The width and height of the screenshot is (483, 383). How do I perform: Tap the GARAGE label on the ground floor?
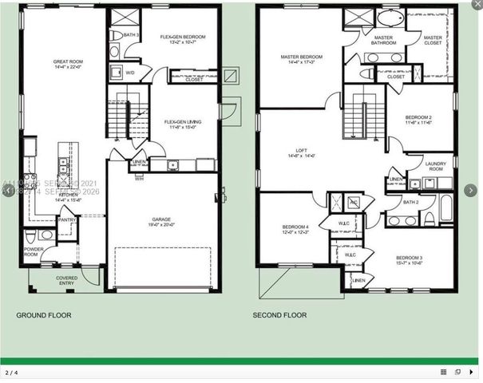coord(162,219)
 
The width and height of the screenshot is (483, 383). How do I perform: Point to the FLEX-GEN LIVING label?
coord(183,122)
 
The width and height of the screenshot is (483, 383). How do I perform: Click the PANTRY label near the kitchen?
coord(67,220)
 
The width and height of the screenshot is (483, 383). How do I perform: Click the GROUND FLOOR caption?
coord(44,316)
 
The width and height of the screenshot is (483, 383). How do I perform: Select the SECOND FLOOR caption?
coord(279,316)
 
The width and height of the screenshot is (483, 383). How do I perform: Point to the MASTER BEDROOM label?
coord(302,57)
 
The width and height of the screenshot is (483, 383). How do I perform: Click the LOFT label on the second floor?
coord(301,151)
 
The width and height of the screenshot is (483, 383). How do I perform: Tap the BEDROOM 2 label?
coord(418,117)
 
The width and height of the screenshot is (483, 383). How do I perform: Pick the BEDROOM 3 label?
coord(409,258)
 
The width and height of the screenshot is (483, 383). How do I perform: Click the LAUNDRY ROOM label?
coord(435,166)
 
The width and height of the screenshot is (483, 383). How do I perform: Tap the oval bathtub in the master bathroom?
coord(390,19)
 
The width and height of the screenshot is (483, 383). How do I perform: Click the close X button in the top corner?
coord(477,5)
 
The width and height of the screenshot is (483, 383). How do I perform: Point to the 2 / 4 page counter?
coord(11,372)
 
